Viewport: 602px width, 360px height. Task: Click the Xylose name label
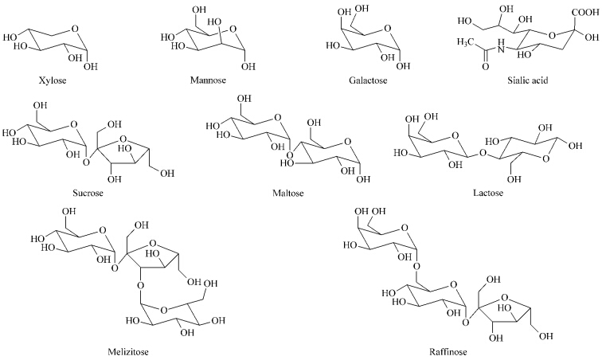[53, 80]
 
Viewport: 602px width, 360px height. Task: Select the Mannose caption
[208, 80]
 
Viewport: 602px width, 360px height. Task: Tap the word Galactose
[368, 80]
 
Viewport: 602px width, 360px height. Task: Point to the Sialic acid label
[527, 80]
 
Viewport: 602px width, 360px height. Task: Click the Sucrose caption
[88, 193]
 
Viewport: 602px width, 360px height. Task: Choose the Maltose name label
[288, 193]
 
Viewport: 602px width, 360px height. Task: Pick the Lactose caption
[488, 193]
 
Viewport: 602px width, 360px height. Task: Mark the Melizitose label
[128, 351]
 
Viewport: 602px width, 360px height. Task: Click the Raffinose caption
[448, 351]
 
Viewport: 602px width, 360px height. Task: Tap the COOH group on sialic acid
[584, 12]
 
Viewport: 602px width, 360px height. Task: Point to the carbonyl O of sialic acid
[486, 67]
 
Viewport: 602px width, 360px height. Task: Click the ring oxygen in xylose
[75, 29]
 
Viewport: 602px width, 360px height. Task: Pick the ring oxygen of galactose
[388, 29]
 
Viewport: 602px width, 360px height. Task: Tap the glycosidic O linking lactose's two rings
[483, 154]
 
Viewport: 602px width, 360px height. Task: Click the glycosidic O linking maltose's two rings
[290, 155]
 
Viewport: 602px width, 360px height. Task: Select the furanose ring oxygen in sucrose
[123, 138]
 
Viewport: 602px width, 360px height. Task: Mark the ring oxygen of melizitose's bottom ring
[164, 310]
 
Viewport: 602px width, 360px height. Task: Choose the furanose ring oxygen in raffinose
[505, 297]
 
